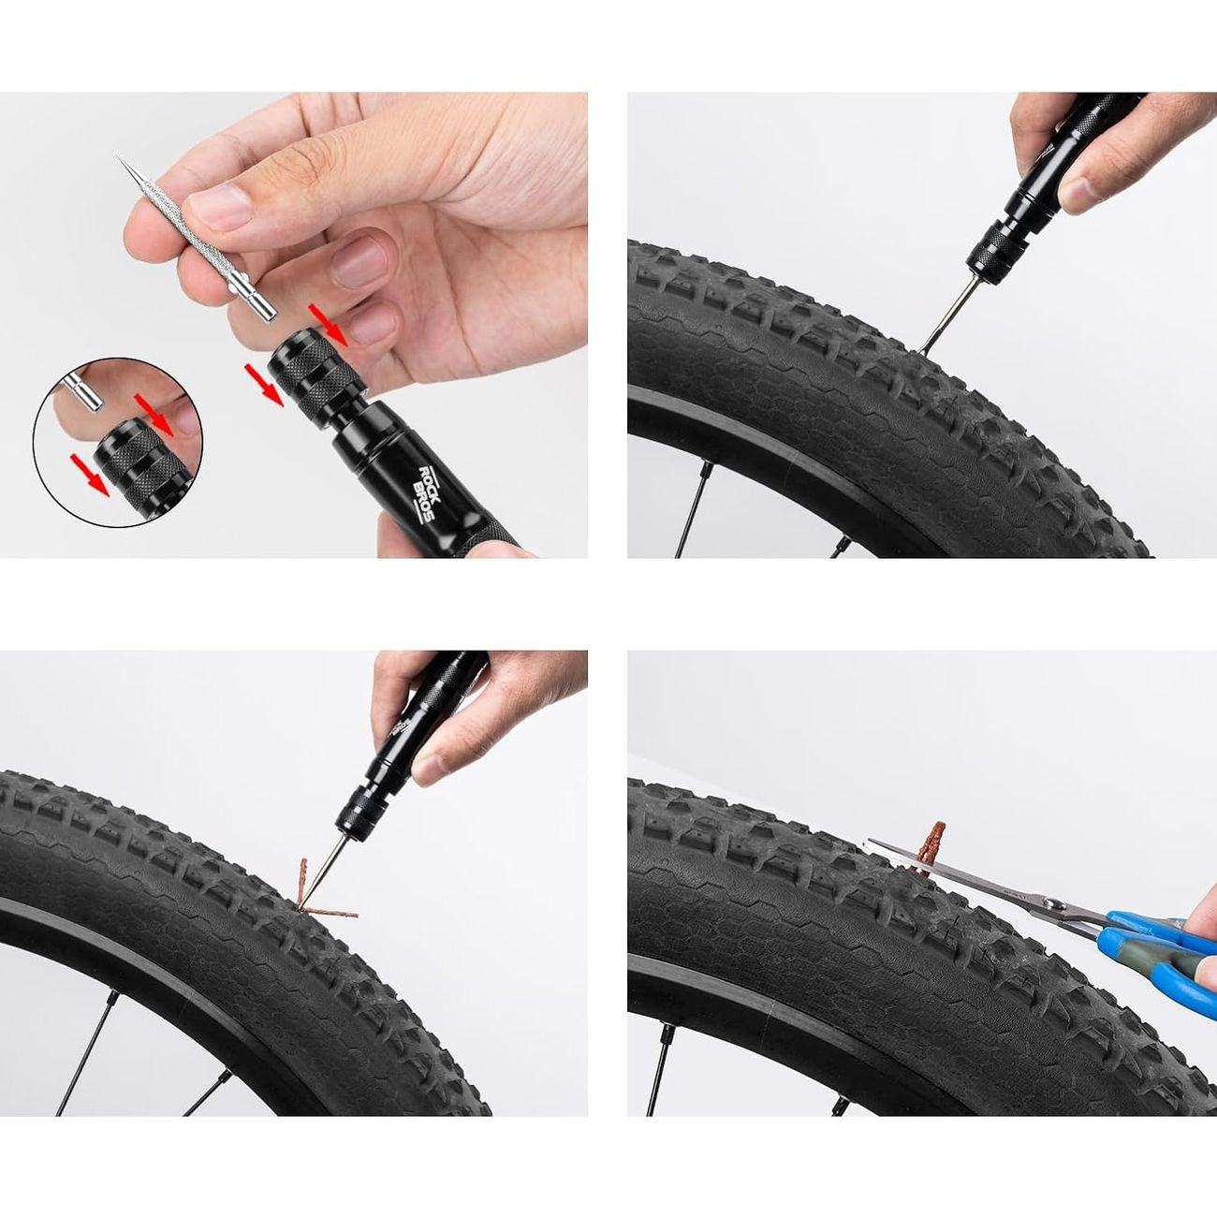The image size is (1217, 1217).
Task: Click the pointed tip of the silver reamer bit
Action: (115, 154)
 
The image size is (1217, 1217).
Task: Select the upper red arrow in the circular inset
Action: (154, 415)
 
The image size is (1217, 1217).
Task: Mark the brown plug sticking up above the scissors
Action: (931, 846)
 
